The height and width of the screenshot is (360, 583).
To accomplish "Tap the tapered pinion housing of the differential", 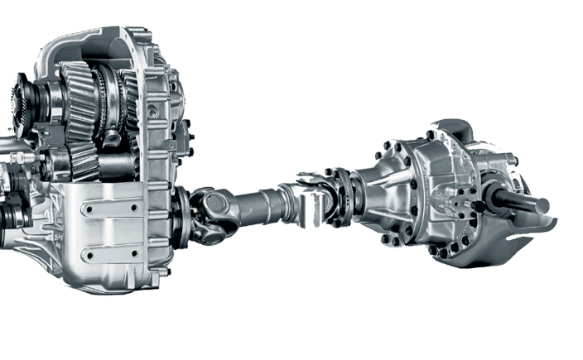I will [377, 194].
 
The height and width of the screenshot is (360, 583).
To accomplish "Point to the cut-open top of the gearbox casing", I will [91, 46].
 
